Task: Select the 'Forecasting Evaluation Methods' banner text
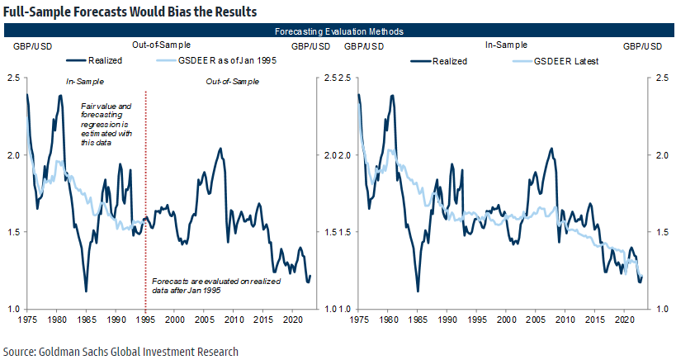pyautogui.click(x=338, y=31)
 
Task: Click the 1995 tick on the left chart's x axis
pyautogui.click(x=145, y=319)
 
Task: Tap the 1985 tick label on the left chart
pyautogui.click(x=86, y=319)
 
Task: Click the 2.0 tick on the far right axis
pyautogui.click(x=660, y=155)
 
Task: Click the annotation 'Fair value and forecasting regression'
pyautogui.click(x=106, y=125)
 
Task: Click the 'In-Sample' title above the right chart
pyautogui.click(x=505, y=45)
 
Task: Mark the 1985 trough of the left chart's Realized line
pyautogui.click(x=86, y=291)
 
